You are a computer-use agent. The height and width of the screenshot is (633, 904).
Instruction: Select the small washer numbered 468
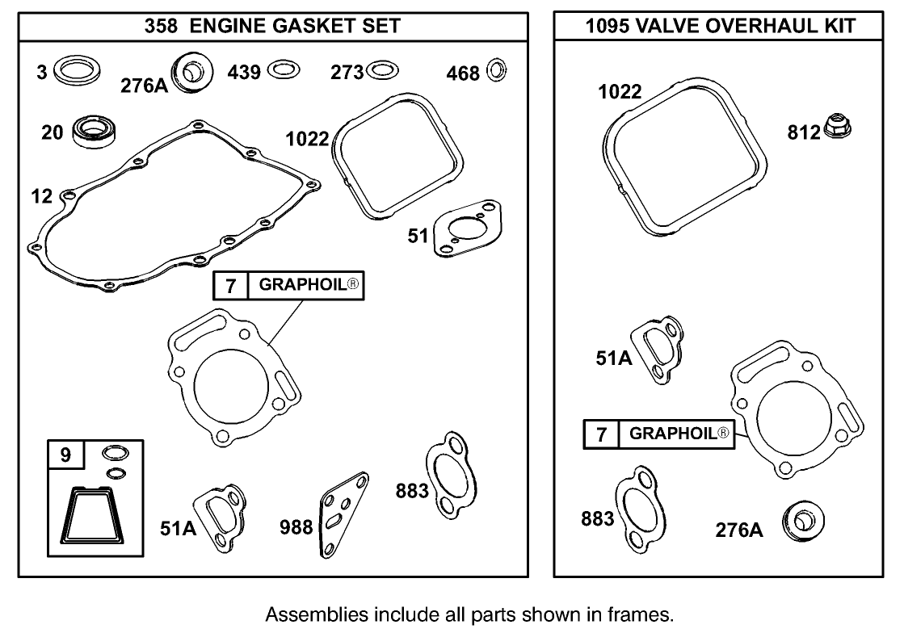coord(497,72)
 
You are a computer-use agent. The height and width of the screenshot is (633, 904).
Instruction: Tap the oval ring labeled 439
coord(283,70)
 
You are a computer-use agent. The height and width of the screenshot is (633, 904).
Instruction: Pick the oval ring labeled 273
coord(382,71)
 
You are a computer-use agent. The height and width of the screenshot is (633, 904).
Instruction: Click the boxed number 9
coord(65,455)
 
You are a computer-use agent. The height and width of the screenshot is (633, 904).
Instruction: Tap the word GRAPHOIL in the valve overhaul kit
coord(673,434)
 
